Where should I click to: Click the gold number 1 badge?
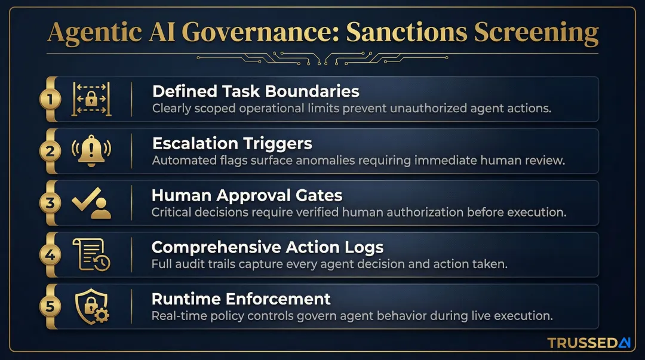click(50, 99)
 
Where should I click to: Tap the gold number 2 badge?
click(50, 151)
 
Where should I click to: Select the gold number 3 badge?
click(50, 203)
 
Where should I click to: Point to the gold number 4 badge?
click(50, 255)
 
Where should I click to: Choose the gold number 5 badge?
click(50, 307)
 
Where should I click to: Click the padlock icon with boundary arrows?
click(91, 99)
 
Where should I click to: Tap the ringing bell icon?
click(91, 151)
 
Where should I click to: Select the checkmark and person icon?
click(91, 203)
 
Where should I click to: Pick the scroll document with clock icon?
click(91, 255)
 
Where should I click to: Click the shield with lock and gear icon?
click(91, 307)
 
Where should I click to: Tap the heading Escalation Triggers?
click(232, 143)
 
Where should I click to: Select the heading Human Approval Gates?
click(247, 195)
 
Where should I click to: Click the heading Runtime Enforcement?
click(241, 299)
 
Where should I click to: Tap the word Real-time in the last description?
click(175, 316)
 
